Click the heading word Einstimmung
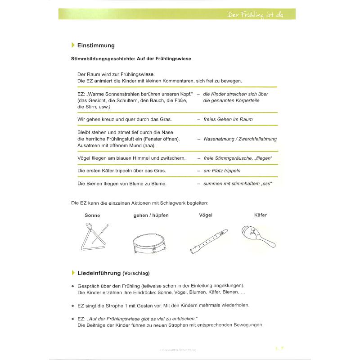pos(96,45)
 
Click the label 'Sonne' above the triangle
pos(92,216)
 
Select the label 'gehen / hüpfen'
pos(151,216)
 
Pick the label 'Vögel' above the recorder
pos(206,216)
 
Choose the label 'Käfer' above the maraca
pos(261,215)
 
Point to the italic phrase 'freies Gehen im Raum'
pos(228,119)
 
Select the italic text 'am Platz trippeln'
pos(222,171)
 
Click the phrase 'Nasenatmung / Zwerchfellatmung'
pos(240,139)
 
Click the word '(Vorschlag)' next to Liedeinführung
pos(136,273)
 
